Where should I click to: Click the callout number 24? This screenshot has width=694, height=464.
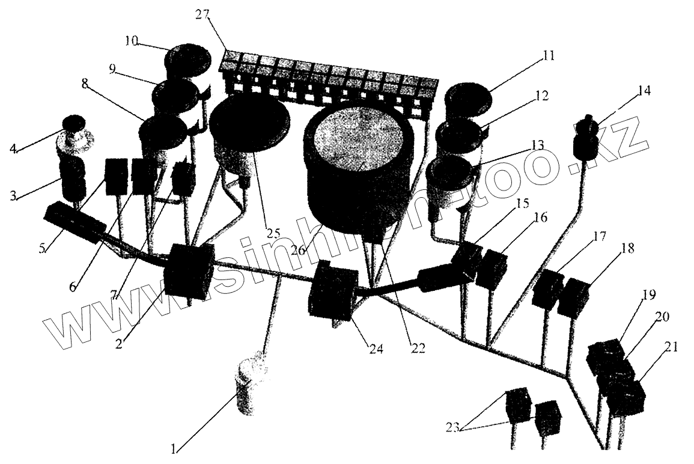point(376,348)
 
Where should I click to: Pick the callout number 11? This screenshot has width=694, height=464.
point(547,56)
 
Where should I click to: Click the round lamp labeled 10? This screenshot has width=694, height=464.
point(188,60)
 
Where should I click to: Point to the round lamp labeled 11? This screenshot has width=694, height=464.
point(467,98)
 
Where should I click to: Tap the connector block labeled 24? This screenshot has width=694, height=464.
point(332,291)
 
